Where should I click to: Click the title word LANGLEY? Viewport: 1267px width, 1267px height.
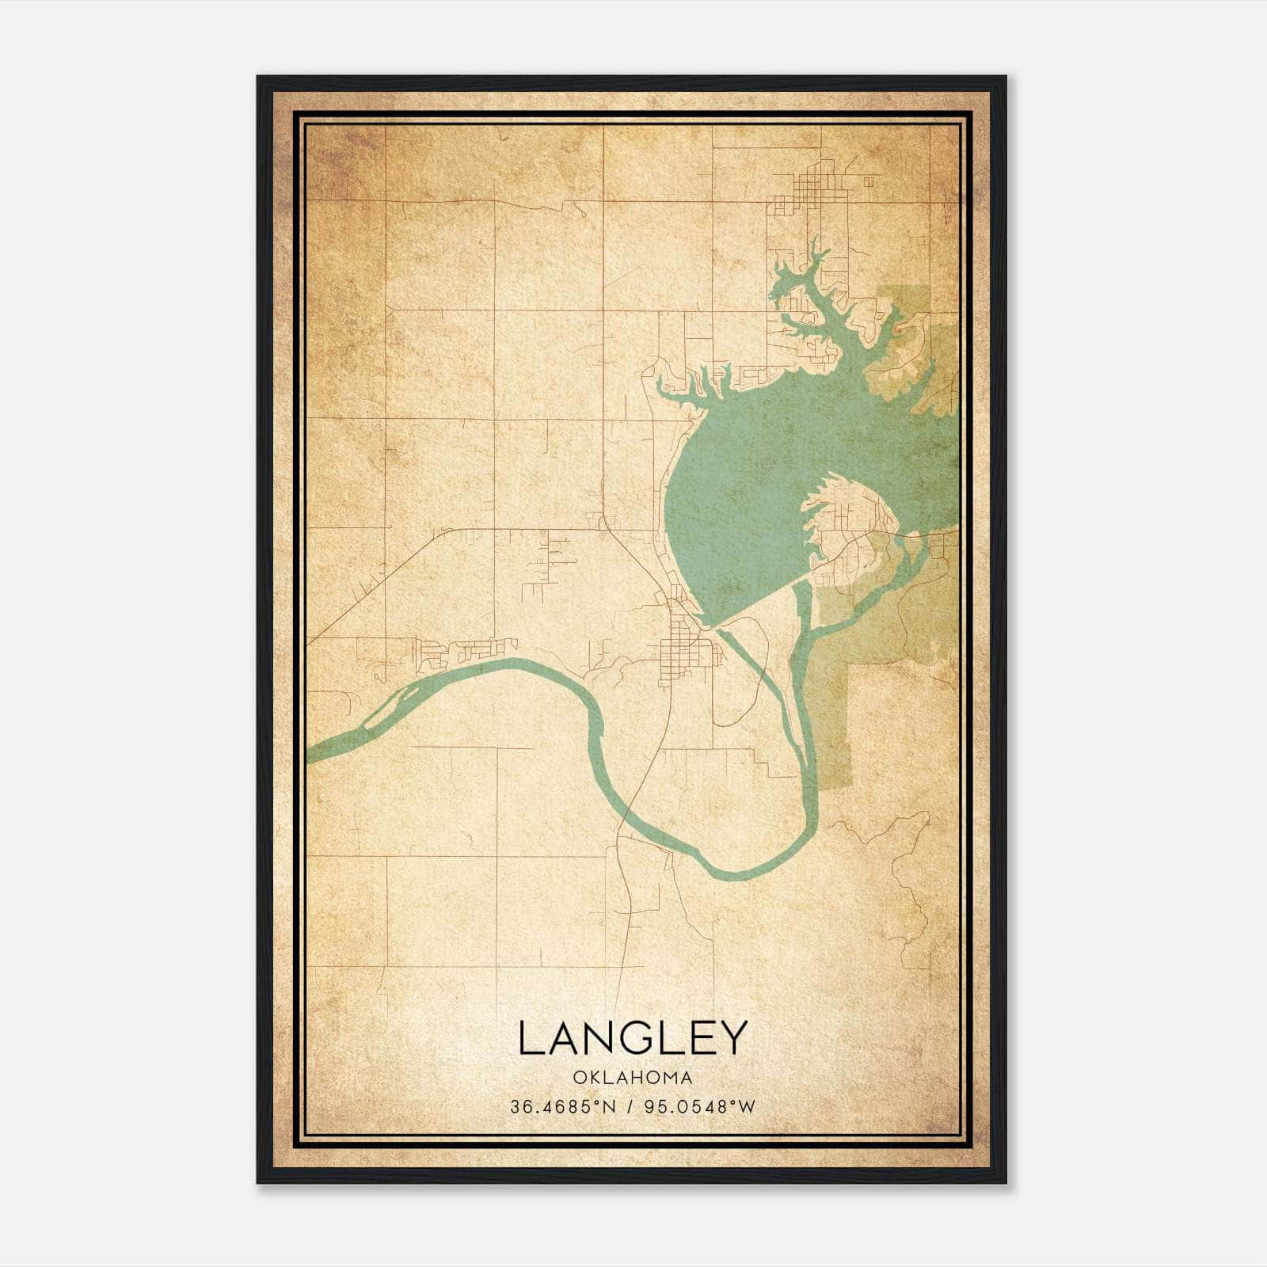pyautogui.click(x=633, y=1038)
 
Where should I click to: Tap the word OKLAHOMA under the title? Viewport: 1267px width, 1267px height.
pyautogui.click(x=633, y=1078)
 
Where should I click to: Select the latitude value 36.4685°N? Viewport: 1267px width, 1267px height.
pyautogui.click(x=563, y=1106)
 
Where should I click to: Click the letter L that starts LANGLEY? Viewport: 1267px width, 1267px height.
pyautogui.click(x=530, y=1038)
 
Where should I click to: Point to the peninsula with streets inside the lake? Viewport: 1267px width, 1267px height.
pyautogui.click(x=851, y=527)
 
